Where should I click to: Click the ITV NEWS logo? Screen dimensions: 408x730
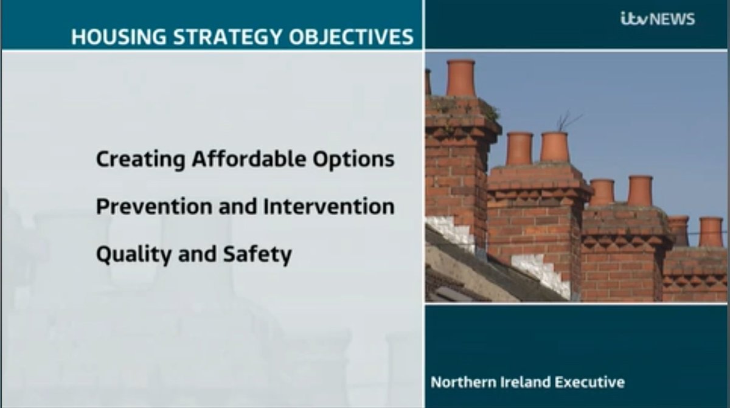(657, 19)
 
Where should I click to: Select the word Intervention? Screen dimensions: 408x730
(328, 207)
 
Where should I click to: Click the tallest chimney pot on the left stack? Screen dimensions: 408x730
(461, 78)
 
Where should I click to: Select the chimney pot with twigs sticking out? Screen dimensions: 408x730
(554, 147)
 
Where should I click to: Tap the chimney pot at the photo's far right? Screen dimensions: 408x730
(711, 232)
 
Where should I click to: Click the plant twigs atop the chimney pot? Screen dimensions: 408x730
(566, 120)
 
